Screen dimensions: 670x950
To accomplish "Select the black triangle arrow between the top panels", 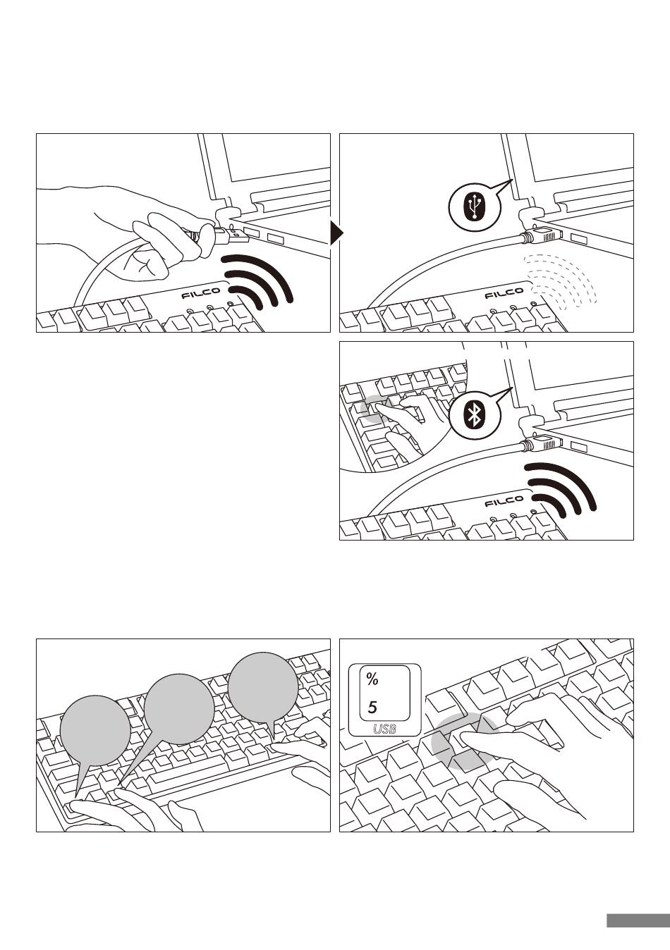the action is [336, 233].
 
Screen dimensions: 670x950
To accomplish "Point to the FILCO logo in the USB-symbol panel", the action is [504, 293].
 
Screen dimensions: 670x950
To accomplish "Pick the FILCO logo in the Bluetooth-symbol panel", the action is [504, 502].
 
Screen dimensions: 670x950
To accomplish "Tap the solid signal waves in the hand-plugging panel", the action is [259, 282].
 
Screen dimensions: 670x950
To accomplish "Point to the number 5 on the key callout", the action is [372, 707].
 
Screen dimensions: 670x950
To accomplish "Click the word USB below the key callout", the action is [384, 729].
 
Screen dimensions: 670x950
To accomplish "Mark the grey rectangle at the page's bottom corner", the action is [637, 920].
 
